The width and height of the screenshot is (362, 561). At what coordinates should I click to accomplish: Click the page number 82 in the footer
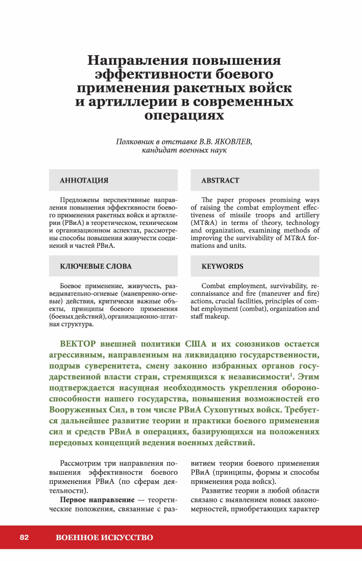(x=25, y=537)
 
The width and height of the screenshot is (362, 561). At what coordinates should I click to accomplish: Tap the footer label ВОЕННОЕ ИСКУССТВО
(x=104, y=537)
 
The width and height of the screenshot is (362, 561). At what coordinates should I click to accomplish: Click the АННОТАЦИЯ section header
(x=84, y=181)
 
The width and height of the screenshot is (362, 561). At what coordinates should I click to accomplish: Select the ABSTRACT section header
(x=220, y=181)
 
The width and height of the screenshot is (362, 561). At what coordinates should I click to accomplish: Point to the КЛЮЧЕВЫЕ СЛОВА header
(x=95, y=266)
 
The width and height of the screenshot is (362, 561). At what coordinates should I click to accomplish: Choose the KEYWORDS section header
(x=222, y=266)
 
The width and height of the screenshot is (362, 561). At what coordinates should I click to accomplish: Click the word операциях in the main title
(x=184, y=115)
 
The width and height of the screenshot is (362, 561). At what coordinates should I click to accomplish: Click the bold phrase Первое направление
(x=98, y=501)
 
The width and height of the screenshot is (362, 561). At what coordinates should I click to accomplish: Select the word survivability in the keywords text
(x=282, y=286)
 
